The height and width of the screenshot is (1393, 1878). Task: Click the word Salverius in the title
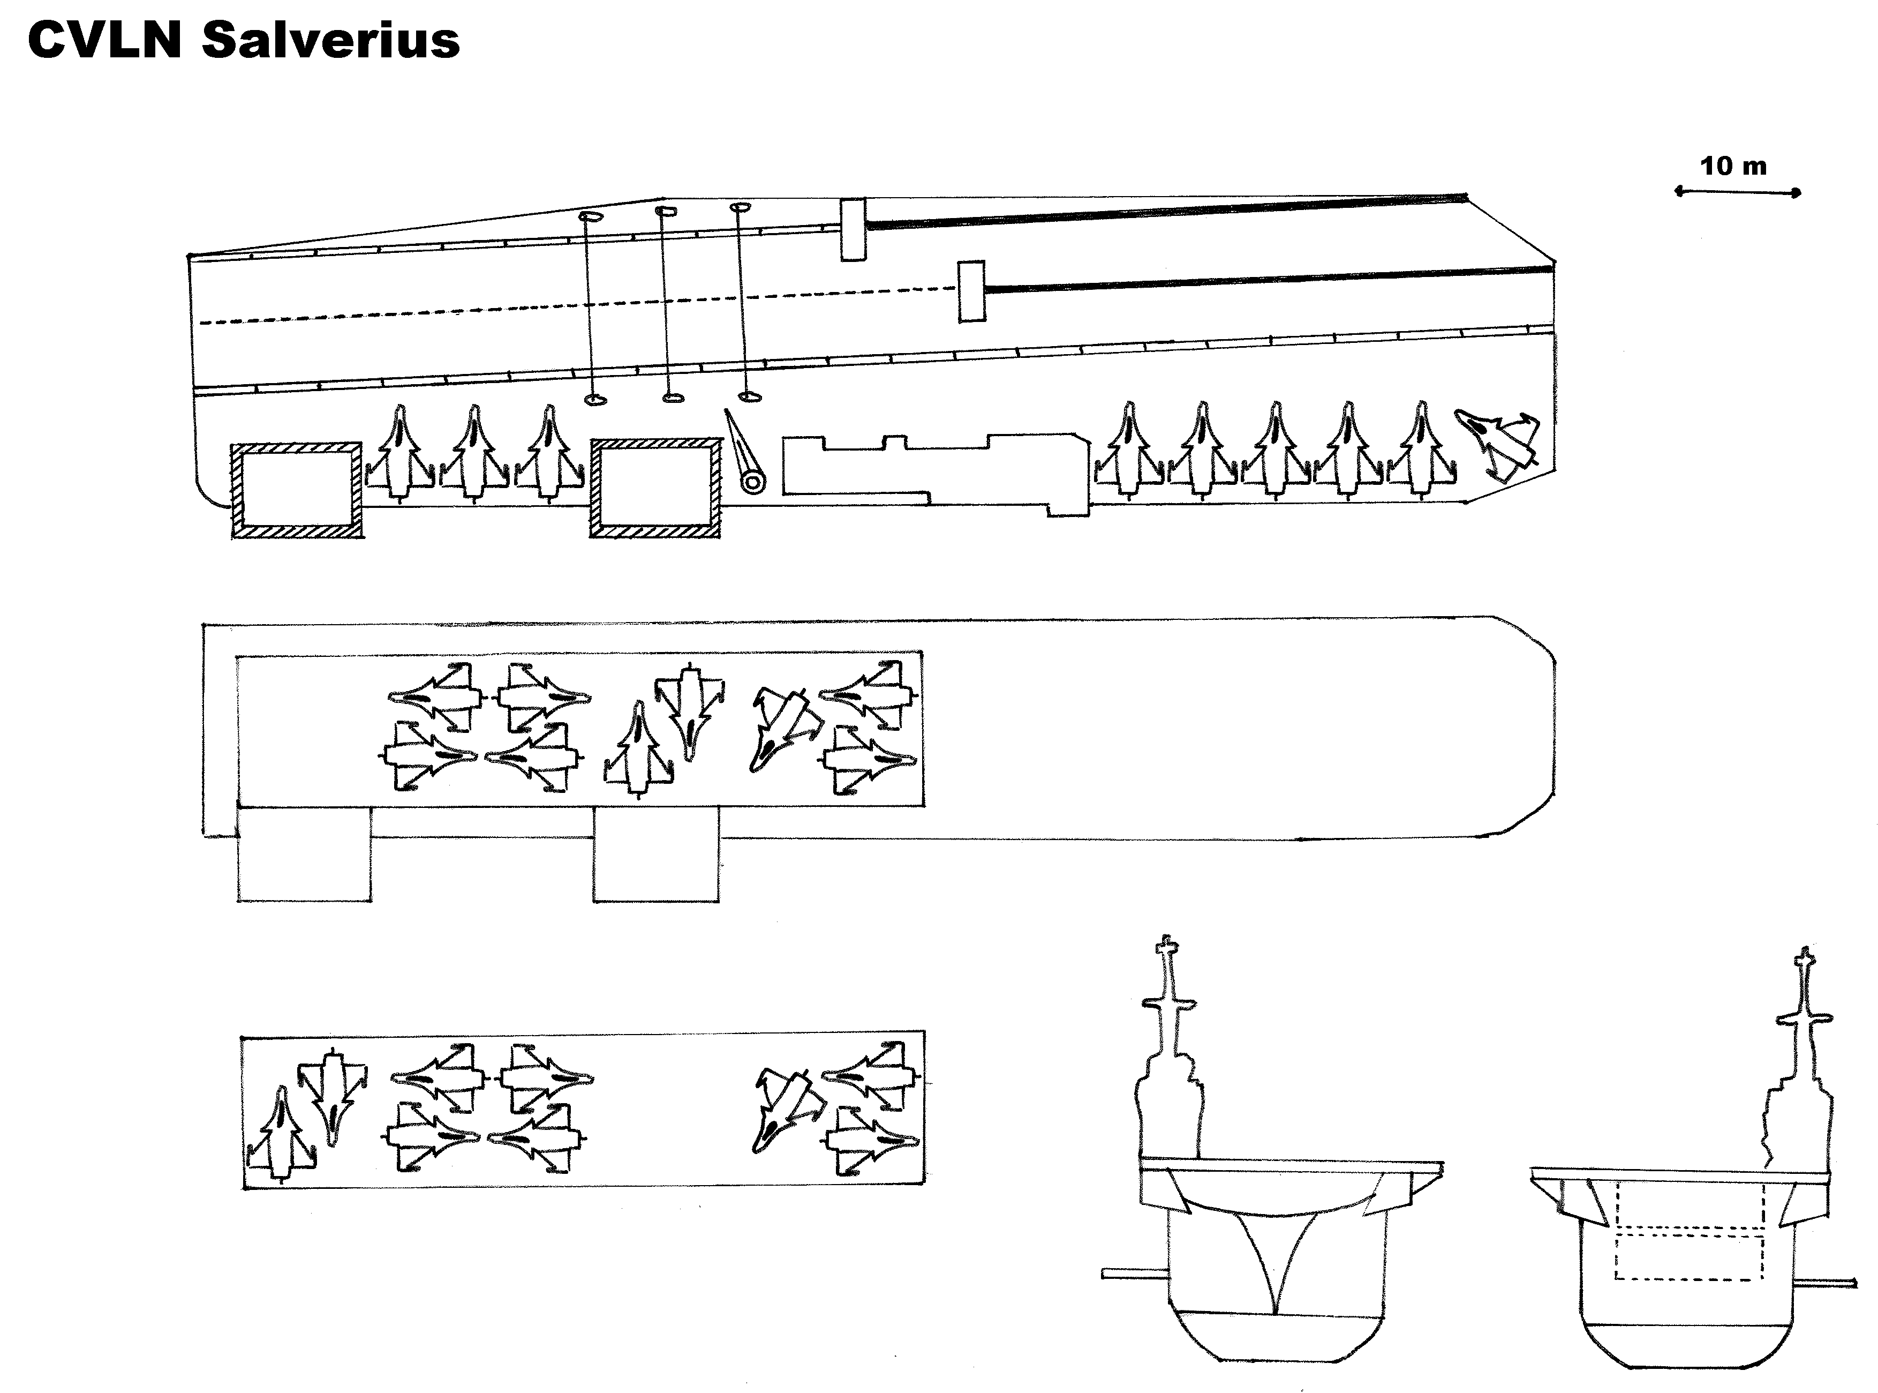330,41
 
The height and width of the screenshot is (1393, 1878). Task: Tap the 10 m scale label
1733,166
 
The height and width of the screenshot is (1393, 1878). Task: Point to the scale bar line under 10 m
1737,192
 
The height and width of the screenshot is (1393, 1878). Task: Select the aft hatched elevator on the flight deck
298,489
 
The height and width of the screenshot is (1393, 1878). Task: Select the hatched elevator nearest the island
655,488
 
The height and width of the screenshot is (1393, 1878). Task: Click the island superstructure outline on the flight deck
936,472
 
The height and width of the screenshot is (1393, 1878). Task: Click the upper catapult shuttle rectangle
853,229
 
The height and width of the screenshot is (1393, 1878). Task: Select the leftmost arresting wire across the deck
591,308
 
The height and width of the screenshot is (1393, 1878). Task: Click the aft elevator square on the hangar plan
304,853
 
